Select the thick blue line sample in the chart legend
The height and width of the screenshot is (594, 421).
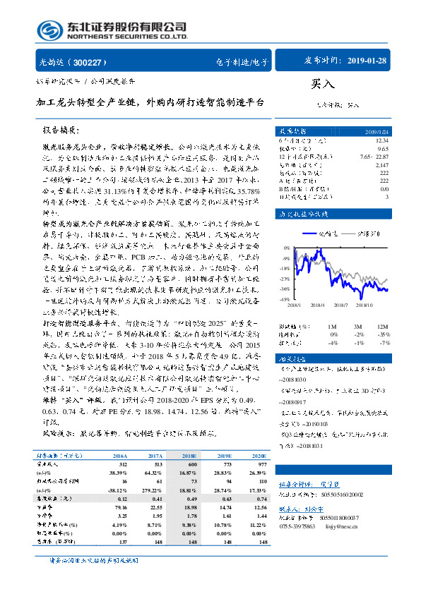point(312,231)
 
